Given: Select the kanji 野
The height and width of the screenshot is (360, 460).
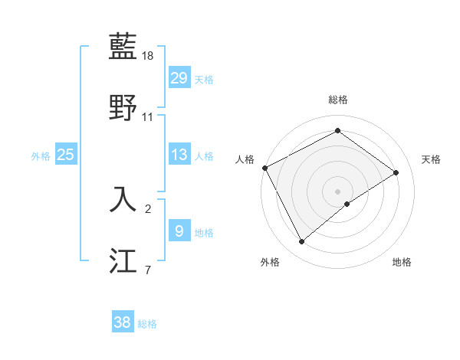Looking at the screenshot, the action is tap(123, 107).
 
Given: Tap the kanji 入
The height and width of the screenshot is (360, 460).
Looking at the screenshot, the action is tap(123, 198).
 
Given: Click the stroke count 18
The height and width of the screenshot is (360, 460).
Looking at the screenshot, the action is tap(149, 56).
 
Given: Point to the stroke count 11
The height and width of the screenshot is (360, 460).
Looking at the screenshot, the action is tap(149, 117).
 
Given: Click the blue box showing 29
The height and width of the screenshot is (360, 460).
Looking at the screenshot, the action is tap(179, 78).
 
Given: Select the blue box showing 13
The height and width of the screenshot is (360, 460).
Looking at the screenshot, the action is tap(179, 155).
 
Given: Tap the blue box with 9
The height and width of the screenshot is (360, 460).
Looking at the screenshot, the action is tap(179, 231).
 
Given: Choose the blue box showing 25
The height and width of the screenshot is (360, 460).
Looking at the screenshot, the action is tap(66, 155).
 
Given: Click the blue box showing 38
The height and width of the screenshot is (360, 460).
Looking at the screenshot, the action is tap(123, 322).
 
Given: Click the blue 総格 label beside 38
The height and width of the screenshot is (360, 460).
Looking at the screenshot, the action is tap(147, 324).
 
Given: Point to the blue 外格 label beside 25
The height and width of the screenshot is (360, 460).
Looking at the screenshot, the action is tap(41, 156).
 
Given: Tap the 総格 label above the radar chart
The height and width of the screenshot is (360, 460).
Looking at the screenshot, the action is tap(338, 100).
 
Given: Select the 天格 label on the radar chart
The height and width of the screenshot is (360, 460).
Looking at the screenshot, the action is tap(432, 159).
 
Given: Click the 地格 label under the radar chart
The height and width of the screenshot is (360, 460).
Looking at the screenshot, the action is tap(402, 262).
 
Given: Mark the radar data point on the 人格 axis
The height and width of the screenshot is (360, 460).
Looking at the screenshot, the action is tap(264, 168).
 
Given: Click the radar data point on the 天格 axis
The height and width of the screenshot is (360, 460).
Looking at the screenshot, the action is tap(396, 173).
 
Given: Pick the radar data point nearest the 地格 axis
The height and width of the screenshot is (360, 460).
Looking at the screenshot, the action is tap(347, 204).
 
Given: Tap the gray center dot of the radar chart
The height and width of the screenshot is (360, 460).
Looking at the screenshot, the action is tap(338, 191).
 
